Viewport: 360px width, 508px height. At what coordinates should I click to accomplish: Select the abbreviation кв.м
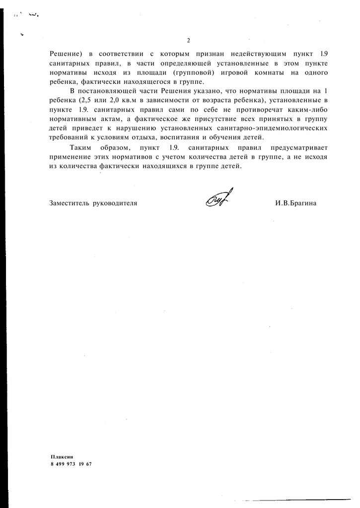[126, 100]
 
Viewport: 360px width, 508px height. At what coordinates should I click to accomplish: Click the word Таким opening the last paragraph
[81, 148]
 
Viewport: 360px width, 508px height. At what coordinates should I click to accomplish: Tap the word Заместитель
[69, 203]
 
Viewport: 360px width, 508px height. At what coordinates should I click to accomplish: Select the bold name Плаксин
[62, 456]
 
